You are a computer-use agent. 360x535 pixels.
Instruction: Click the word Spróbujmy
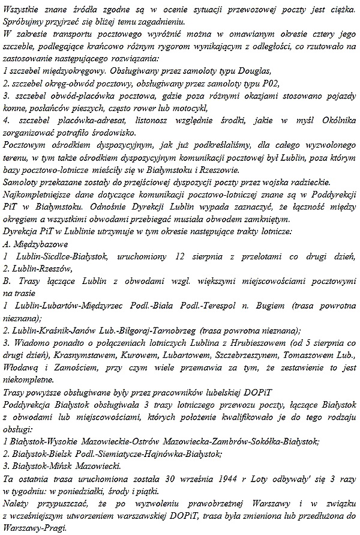click(24, 22)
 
